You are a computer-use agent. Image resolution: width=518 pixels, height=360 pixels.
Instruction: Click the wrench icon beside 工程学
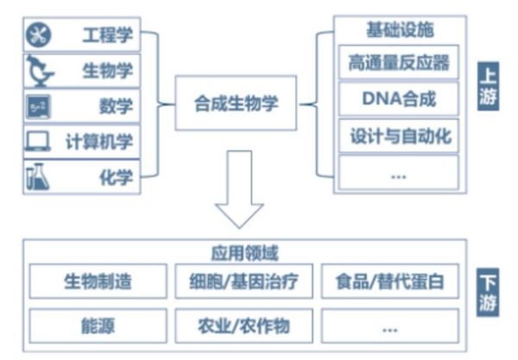pos(41,35)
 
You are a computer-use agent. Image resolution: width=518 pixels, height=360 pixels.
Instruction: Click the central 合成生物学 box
pos(237,104)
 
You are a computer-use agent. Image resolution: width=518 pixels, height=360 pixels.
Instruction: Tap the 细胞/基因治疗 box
pos(243,281)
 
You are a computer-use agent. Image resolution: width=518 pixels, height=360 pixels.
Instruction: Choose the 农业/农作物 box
pos(243,325)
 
